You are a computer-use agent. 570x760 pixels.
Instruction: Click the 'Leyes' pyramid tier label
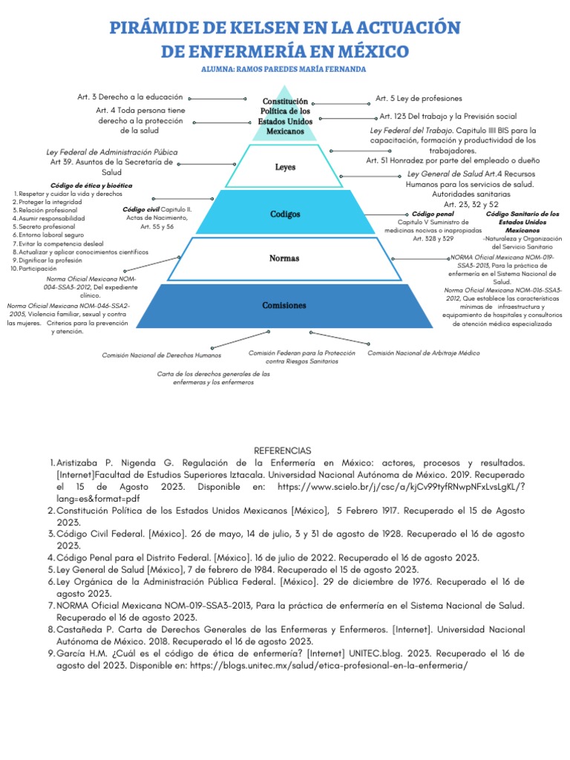[x=285, y=168]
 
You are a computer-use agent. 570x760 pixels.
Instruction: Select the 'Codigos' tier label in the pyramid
[x=285, y=214]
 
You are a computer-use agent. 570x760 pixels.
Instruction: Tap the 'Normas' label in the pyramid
[x=285, y=259]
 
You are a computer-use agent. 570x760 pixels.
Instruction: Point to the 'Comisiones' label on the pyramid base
[x=284, y=306]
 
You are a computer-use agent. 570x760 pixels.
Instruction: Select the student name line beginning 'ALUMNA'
[x=284, y=69]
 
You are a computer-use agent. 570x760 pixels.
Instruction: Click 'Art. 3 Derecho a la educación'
[x=130, y=98]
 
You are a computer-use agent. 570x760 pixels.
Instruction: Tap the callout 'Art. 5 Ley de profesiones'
[x=419, y=98]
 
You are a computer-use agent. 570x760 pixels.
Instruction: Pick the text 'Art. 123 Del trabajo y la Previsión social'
[x=448, y=117]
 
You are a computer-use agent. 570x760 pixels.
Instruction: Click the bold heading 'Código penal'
[x=432, y=214]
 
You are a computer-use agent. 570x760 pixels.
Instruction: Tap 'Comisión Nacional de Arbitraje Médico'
[x=424, y=353]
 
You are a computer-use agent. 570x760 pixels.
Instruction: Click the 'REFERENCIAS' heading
[x=283, y=451]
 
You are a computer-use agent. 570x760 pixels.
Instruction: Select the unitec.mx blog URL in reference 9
[x=330, y=665]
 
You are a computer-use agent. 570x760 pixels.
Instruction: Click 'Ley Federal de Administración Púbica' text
[x=112, y=152]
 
